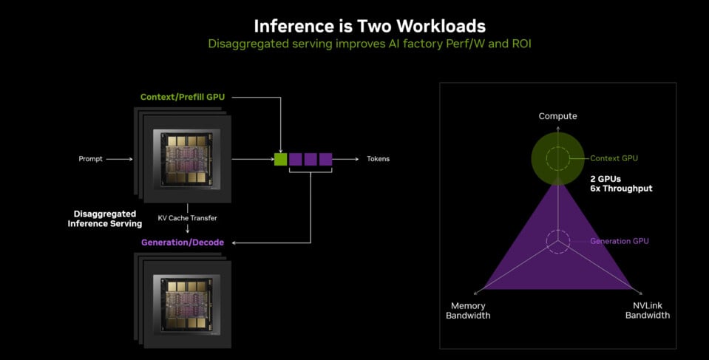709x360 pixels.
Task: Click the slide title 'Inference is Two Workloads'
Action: pos(370,26)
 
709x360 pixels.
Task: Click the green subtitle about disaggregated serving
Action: pos(370,44)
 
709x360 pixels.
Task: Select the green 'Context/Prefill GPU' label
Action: pos(182,97)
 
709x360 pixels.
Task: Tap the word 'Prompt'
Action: pos(90,159)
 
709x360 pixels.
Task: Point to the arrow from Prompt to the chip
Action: pos(119,159)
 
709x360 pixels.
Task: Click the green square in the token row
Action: pos(280,159)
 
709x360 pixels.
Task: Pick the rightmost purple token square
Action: pos(325,159)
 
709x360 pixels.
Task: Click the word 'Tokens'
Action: pos(378,159)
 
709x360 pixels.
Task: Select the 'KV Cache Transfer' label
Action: pos(187,218)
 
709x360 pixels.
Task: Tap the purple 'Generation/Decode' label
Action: pos(182,242)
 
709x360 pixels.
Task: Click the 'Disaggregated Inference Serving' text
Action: pos(105,219)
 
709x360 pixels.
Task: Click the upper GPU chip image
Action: pos(187,159)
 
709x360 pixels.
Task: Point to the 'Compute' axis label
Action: pos(557,116)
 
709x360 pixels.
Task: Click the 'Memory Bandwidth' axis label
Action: pos(468,310)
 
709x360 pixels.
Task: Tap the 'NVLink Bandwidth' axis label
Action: pos(648,310)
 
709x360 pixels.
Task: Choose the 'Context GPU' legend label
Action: pos(614,158)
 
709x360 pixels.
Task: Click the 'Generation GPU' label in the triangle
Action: pos(620,241)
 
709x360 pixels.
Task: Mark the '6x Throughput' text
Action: pos(621,189)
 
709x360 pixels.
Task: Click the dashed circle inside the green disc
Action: pos(557,147)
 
